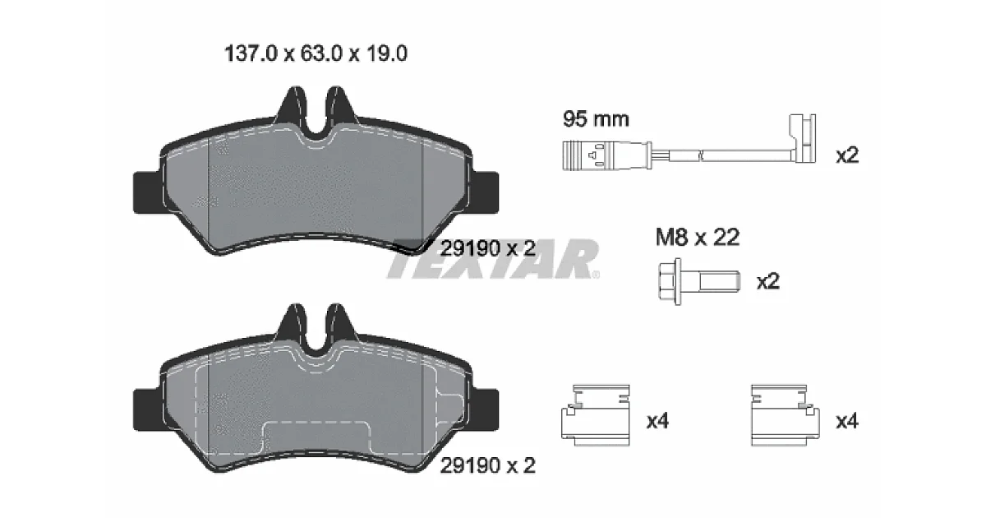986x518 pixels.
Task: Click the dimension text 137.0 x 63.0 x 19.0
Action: point(316,53)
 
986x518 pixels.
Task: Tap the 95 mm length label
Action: point(596,119)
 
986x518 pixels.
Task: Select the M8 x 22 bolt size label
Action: point(698,238)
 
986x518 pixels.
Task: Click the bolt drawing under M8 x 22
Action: point(699,281)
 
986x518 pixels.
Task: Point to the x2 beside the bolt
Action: point(768,281)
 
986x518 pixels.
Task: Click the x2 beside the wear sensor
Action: point(847,155)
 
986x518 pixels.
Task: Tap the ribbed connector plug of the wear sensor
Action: point(607,155)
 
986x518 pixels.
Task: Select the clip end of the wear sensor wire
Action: point(803,138)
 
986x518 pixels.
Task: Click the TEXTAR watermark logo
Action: point(493,259)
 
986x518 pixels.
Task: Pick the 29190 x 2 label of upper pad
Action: point(488,249)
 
